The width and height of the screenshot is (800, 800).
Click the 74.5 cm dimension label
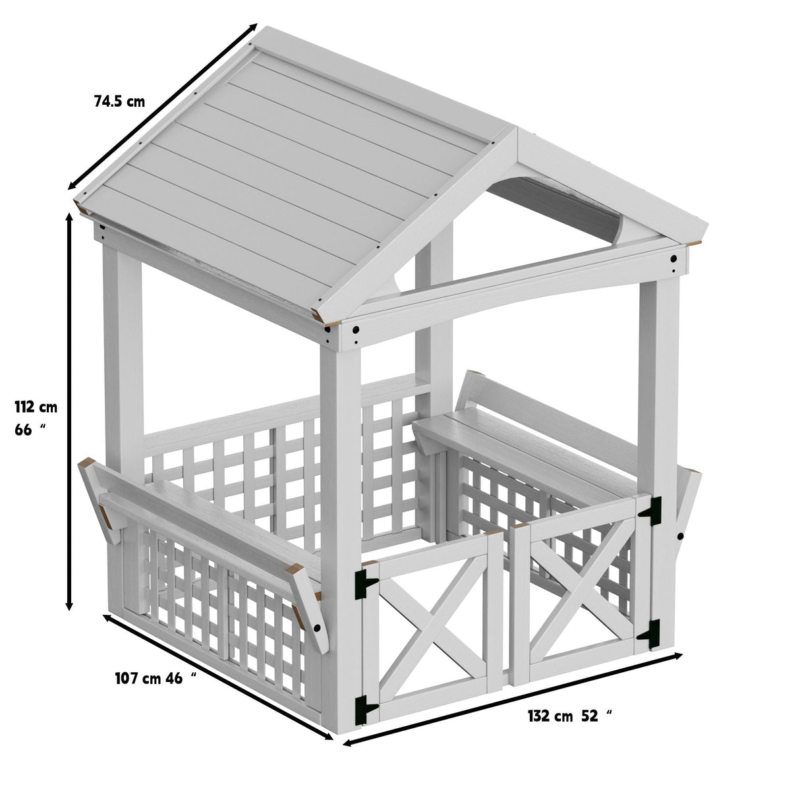[119, 101]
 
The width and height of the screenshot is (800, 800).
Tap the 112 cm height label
[36, 407]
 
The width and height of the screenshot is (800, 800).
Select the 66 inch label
[30, 430]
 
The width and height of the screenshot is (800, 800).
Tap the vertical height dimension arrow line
[69, 409]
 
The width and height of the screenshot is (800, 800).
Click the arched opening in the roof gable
[557, 204]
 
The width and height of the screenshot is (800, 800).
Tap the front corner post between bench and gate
[341, 514]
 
